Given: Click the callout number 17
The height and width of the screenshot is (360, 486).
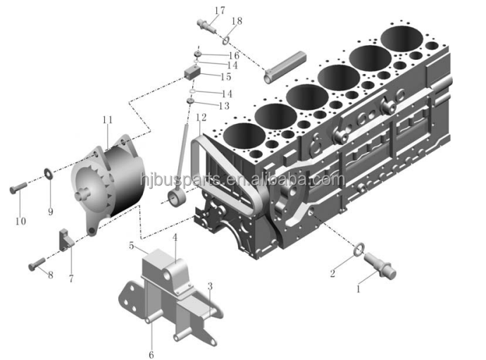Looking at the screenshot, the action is pos(220,11).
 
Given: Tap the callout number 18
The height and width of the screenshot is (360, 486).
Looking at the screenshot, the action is pos(237,20).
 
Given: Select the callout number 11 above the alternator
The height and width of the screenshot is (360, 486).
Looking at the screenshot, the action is pos(107,120).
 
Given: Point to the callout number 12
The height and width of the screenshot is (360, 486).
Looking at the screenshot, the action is pos(201,117).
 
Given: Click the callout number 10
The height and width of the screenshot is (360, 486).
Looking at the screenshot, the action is pos(20,221).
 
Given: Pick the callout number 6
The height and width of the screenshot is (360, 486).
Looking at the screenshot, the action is pos(151,354).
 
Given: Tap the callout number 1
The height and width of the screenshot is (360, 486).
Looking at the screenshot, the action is pos(359,290).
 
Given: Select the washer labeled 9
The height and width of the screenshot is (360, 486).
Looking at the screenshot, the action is pos(48,173).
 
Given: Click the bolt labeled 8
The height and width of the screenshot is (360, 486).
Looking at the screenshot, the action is pos(37,263).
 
